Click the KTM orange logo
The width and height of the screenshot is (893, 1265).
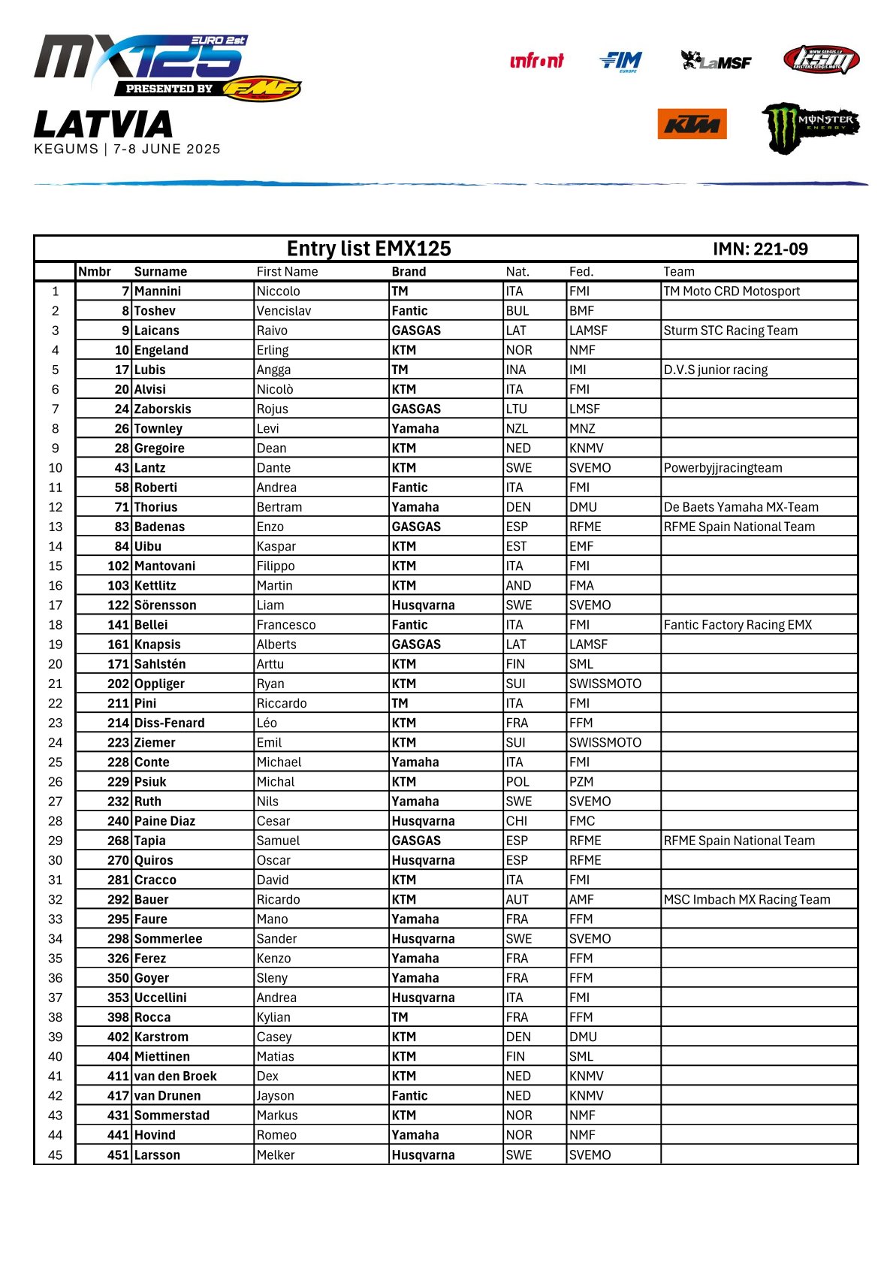coord(692,124)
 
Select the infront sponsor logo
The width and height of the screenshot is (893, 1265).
coord(536,61)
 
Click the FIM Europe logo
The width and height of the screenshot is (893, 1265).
coord(621,61)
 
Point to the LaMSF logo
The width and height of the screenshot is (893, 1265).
coord(715,61)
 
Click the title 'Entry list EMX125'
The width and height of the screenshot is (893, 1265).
coord(369,249)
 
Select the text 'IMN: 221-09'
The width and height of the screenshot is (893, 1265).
coord(760,249)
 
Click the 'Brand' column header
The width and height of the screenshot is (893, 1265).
coord(409,272)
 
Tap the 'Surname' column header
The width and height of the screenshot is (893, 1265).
coord(161,272)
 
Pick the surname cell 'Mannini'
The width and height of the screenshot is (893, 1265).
coord(158,291)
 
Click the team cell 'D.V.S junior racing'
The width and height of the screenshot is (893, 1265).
coord(715,370)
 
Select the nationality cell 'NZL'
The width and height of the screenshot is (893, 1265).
coord(517,429)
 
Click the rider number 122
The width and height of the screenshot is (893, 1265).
coord(118,605)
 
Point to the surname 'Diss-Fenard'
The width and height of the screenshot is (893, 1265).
coord(169,723)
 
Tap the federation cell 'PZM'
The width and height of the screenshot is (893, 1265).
coord(581,782)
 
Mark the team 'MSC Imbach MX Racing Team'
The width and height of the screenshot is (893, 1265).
coord(747,900)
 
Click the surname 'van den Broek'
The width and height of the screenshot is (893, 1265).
coord(175,1076)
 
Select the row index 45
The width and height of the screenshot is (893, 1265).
coord(55,1155)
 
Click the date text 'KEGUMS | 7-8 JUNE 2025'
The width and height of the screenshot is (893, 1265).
coord(128,149)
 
